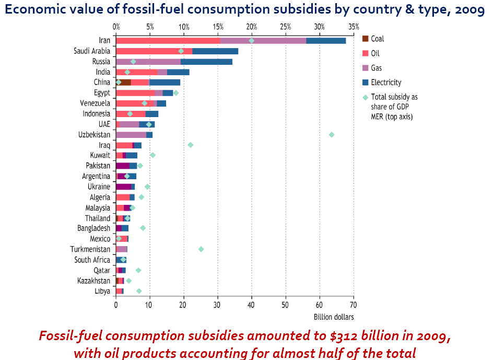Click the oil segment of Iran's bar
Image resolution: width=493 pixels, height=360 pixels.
tap(168, 41)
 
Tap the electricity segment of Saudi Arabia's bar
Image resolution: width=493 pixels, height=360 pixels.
tap(215, 51)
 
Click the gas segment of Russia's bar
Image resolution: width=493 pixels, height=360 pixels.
tap(148, 62)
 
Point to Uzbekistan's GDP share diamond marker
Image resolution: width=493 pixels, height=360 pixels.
tap(332, 135)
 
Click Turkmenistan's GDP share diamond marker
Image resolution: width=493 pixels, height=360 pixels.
tap(201, 249)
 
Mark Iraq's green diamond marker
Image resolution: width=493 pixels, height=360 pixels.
tap(191, 145)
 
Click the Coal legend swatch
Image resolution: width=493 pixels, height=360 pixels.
tap(366, 39)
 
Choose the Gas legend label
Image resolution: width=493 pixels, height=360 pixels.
tap(376, 68)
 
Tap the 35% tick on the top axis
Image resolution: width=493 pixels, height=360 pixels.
tap(354, 27)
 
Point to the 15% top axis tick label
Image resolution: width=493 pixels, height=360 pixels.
tap(218, 27)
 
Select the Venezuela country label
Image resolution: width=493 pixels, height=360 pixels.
tap(95, 103)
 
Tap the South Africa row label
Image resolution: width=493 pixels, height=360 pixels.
tap(92, 260)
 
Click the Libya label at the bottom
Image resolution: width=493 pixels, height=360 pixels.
tap(102, 291)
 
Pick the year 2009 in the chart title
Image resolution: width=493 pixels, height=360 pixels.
tap(467, 10)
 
